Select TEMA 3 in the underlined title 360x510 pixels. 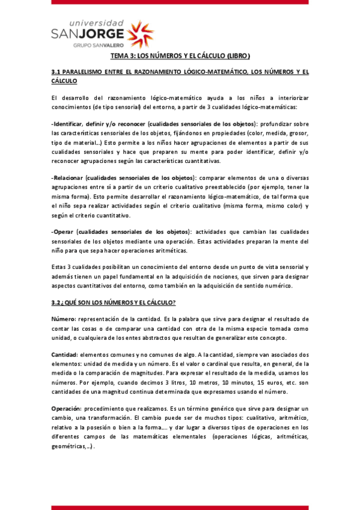(123, 57)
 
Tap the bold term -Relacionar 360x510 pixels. (67, 178)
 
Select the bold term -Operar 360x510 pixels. (63, 232)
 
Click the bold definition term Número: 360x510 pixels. (64, 318)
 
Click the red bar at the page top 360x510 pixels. (180, 2)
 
